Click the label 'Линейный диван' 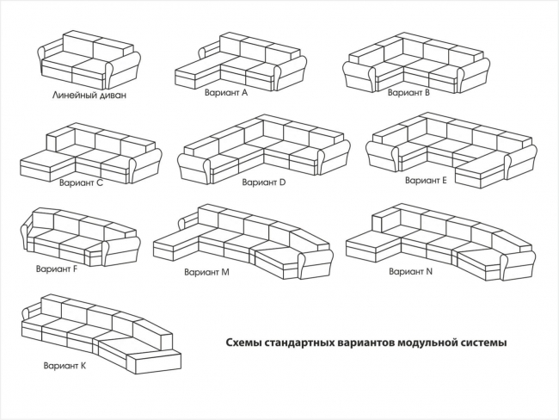pos(89,96)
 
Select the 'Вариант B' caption pos(409,91)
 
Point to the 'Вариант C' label pos(81,182)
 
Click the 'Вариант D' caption pos(263,182)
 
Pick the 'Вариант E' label pos(426,181)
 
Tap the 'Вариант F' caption pos(57,269)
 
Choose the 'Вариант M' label pos(206,272)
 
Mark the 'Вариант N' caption pos(410,271)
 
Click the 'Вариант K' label pos(64,366)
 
